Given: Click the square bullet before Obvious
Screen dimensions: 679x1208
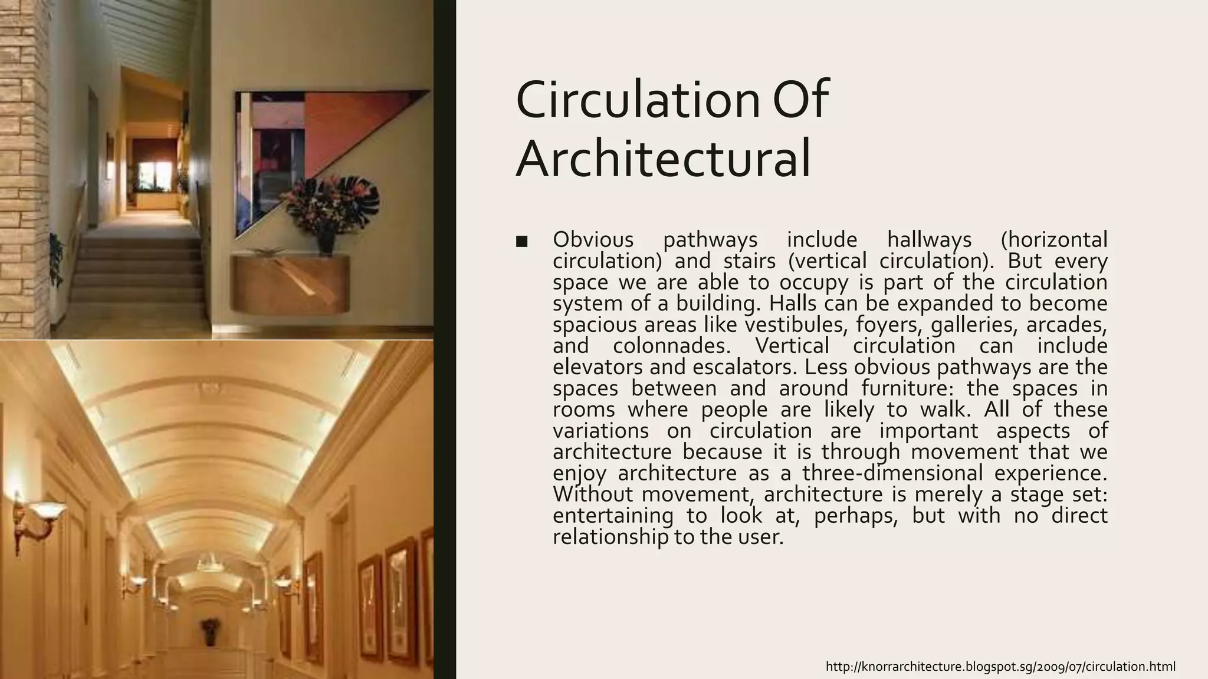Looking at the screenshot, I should click(521, 241).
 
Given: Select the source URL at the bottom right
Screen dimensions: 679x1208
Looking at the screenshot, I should click(1000, 667).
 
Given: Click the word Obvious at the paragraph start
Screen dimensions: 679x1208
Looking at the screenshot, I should click(593, 240).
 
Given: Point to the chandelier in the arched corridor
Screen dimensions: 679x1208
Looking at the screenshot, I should click(209, 563).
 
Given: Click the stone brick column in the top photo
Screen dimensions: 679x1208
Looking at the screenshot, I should click(24, 165).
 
